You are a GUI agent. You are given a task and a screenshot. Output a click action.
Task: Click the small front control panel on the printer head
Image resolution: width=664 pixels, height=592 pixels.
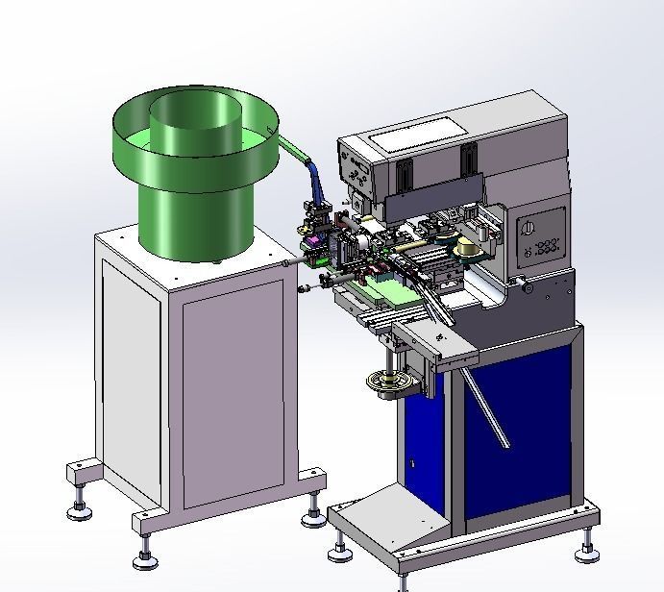click(358, 174)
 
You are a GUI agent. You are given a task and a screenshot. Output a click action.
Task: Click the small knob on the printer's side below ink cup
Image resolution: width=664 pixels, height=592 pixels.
click(524, 285)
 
